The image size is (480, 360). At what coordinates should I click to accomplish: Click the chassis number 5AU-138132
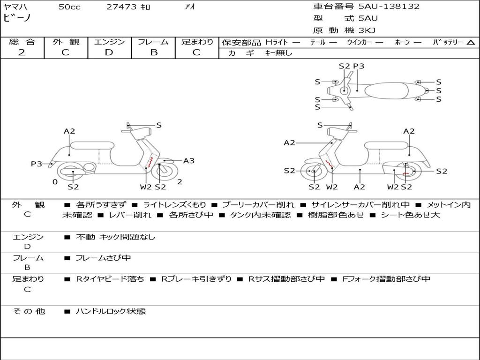point(389,7)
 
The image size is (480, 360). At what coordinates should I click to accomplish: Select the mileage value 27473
point(122,7)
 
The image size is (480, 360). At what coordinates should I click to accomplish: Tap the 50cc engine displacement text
point(69,7)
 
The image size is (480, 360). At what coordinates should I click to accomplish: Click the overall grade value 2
point(22,52)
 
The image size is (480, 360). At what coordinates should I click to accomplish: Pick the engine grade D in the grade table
point(109,52)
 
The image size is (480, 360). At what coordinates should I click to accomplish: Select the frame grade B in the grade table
point(154,52)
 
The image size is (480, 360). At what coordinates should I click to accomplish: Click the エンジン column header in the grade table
point(109,42)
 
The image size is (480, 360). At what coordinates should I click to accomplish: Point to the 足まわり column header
point(197,42)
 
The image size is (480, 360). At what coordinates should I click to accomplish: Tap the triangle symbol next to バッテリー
point(471,43)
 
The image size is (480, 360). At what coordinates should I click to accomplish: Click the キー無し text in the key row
point(279,53)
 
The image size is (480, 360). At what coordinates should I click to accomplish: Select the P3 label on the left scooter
point(37,164)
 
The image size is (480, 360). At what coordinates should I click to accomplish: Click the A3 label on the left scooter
point(189,161)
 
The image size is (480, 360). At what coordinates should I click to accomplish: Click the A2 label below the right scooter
point(360,187)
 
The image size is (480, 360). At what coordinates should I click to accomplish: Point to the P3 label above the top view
point(359,66)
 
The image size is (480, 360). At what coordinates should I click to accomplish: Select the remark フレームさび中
point(103,258)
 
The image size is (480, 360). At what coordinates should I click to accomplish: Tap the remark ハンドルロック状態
point(111,311)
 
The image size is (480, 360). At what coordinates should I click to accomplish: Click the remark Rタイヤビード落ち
point(110,279)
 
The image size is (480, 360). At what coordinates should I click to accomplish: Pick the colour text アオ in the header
point(190,7)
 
